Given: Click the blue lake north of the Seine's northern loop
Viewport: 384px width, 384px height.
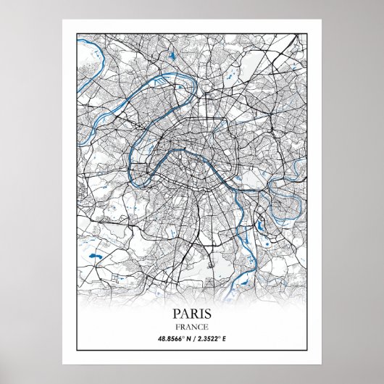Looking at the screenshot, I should pyautogui.click(x=172, y=56).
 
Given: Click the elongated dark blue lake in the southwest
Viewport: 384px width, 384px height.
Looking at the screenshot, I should pyautogui.click(x=92, y=255).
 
